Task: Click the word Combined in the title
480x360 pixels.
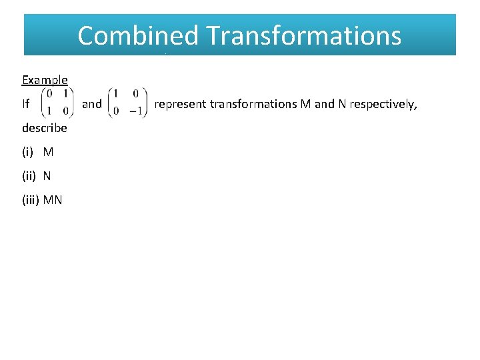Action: [x=137, y=35]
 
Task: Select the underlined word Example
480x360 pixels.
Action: [x=45, y=80]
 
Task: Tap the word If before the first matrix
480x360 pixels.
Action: [x=26, y=104]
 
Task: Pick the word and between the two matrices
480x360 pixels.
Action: [x=91, y=104]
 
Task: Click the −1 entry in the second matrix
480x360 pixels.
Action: [x=136, y=111]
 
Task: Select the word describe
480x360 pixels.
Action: [x=45, y=128]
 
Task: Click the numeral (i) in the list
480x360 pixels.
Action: [x=29, y=152]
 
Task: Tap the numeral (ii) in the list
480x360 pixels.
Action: [x=30, y=176]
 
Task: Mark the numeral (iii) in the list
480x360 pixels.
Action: [x=31, y=200]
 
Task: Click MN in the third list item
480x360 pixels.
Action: [x=53, y=200]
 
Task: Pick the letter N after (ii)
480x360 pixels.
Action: [x=47, y=176]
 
